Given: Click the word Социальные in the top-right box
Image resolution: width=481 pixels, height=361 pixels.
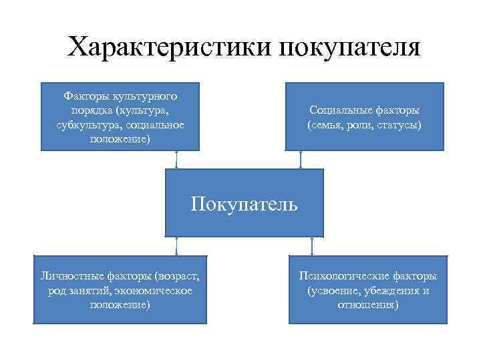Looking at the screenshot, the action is pos(340,110).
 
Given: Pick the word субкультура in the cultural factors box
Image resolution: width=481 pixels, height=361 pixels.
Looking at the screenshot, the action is pos(84,124).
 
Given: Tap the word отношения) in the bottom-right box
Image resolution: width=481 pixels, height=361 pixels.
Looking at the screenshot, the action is pos(367,305).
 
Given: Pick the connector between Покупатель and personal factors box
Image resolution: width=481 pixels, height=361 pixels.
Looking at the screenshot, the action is pos(176,246).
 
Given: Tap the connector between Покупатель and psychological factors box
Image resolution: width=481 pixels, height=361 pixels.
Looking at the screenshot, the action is pos(311,246).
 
